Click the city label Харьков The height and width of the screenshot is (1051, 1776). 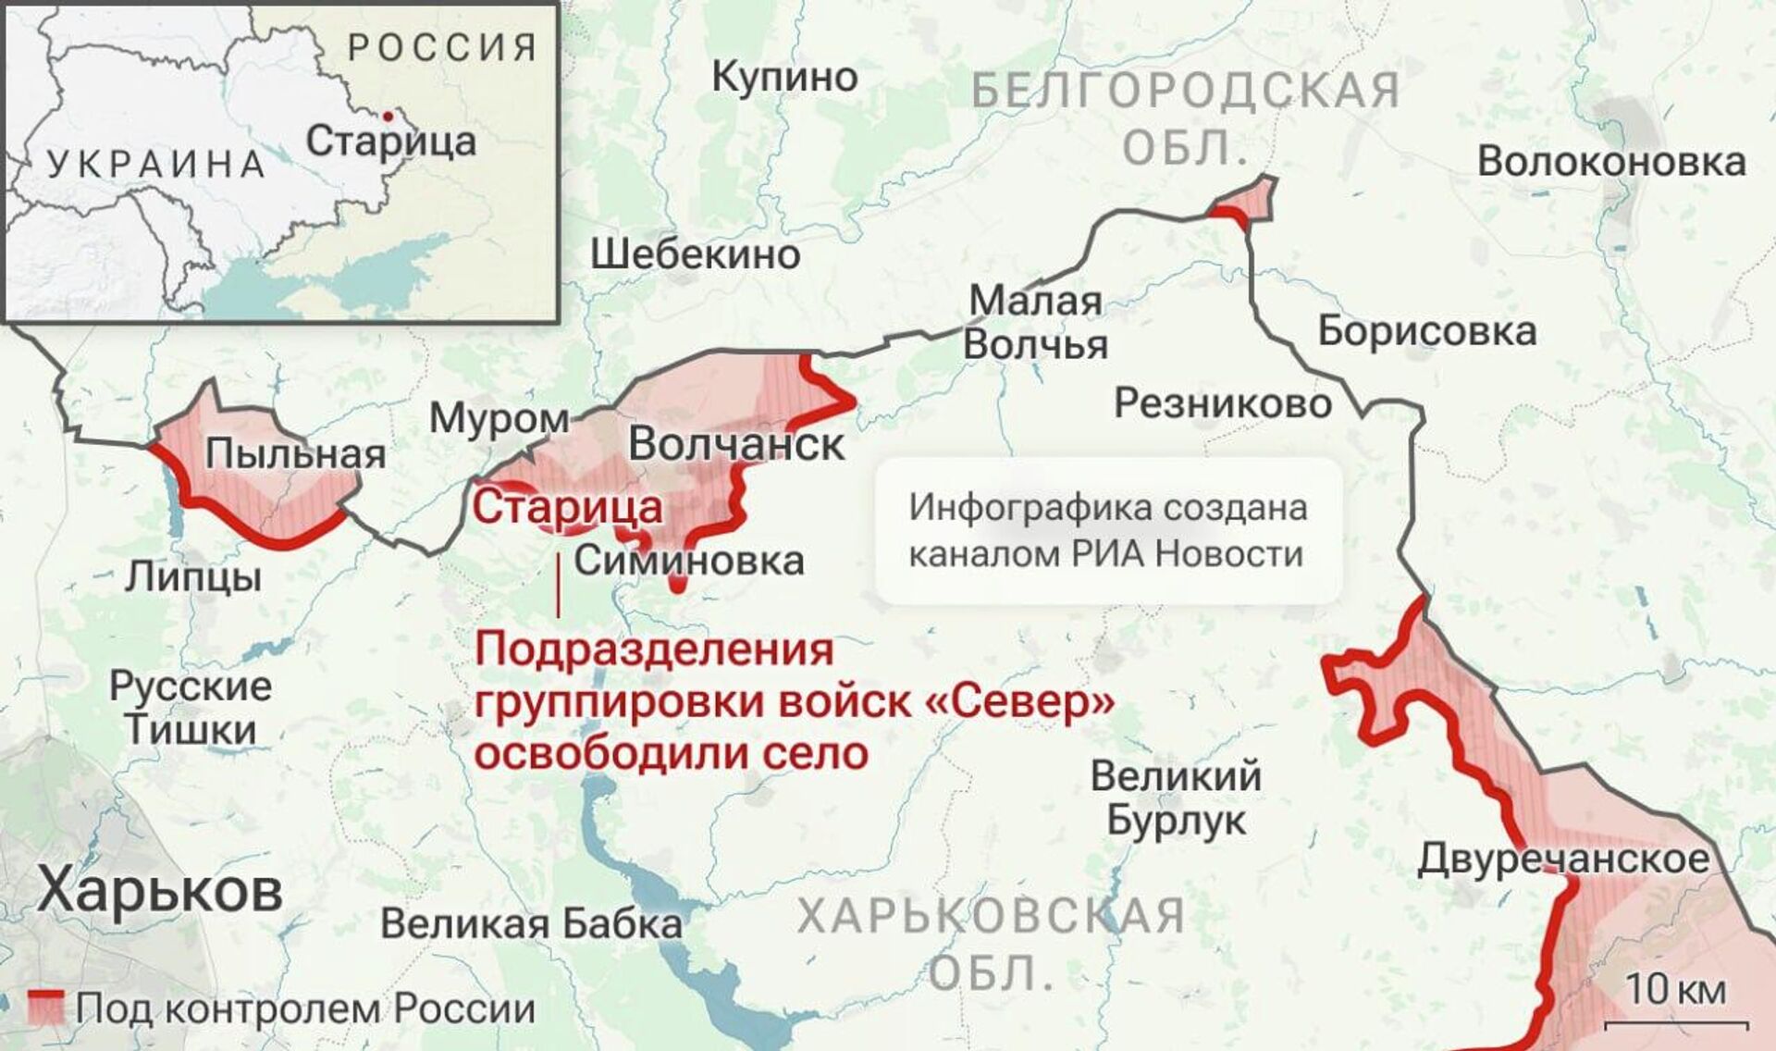click(160, 892)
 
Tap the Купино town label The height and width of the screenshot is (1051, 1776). click(784, 78)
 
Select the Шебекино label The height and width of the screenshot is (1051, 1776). click(696, 254)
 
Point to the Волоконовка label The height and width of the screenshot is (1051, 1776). click(1611, 162)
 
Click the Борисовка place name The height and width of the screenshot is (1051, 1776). click(1426, 331)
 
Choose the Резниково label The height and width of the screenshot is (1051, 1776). click(1222, 402)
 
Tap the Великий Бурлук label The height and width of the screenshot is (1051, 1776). click(1176, 798)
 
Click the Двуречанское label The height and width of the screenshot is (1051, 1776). click(1563, 859)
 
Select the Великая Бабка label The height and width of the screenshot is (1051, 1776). click(531, 923)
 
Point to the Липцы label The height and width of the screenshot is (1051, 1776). click(193, 576)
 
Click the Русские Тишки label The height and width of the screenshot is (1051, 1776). click(191, 708)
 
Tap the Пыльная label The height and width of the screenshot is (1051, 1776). click(295, 454)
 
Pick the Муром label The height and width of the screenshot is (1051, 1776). click(499, 419)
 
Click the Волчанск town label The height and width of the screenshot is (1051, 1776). click(736, 445)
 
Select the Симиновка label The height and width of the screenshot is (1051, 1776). click(689, 561)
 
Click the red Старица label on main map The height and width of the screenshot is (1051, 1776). click(568, 507)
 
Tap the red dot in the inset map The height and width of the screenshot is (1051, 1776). click(388, 116)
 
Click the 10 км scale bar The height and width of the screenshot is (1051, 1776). click(1675, 1024)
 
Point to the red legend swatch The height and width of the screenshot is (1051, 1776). click(45, 1008)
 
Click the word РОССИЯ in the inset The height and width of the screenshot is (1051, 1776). click(442, 47)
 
